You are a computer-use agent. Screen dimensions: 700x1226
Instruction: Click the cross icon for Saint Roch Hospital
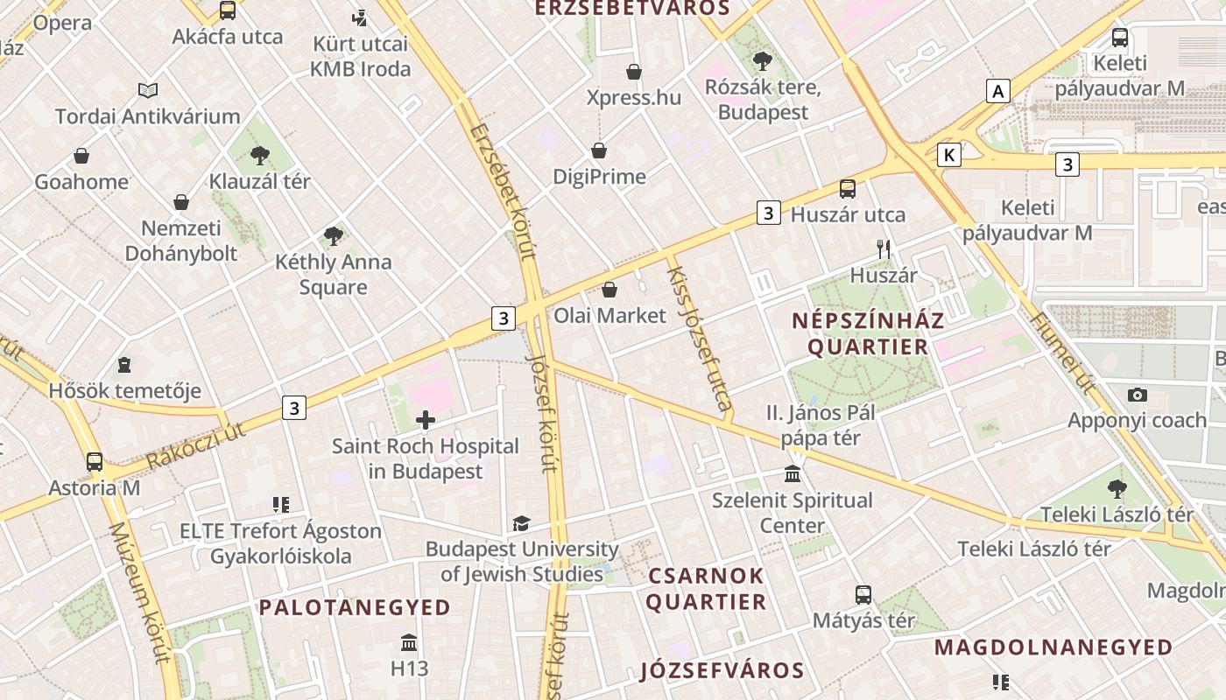pyautogui.click(x=426, y=420)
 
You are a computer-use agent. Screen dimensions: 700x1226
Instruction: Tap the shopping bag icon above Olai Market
pyautogui.click(x=609, y=290)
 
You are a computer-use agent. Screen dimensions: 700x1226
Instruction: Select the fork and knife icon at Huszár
pyautogui.click(x=884, y=249)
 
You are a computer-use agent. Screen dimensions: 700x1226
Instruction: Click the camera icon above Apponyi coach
pyautogui.click(x=1138, y=395)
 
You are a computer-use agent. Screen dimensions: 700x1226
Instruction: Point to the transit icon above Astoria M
pyautogui.click(x=95, y=462)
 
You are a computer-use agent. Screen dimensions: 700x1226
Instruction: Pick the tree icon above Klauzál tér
pyautogui.click(x=259, y=156)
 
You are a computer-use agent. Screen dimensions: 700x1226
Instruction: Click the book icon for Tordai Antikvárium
pyautogui.click(x=148, y=90)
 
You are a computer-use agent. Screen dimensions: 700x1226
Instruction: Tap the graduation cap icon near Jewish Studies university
pyautogui.click(x=522, y=523)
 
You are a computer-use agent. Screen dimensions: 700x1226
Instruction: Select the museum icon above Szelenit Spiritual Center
pyautogui.click(x=793, y=474)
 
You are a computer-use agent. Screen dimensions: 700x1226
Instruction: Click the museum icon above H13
pyautogui.click(x=409, y=643)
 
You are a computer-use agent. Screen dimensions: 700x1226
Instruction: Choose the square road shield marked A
pyautogui.click(x=997, y=90)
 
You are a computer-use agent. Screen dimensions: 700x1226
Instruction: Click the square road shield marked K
pyautogui.click(x=948, y=155)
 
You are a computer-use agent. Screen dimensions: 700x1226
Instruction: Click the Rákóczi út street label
pyautogui.click(x=196, y=445)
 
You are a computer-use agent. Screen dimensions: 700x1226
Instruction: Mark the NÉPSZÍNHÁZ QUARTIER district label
pyautogui.click(x=868, y=333)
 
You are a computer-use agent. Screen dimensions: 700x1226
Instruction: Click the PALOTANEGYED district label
pyautogui.click(x=355, y=607)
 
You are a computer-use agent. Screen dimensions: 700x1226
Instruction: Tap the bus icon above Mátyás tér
pyautogui.click(x=863, y=595)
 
